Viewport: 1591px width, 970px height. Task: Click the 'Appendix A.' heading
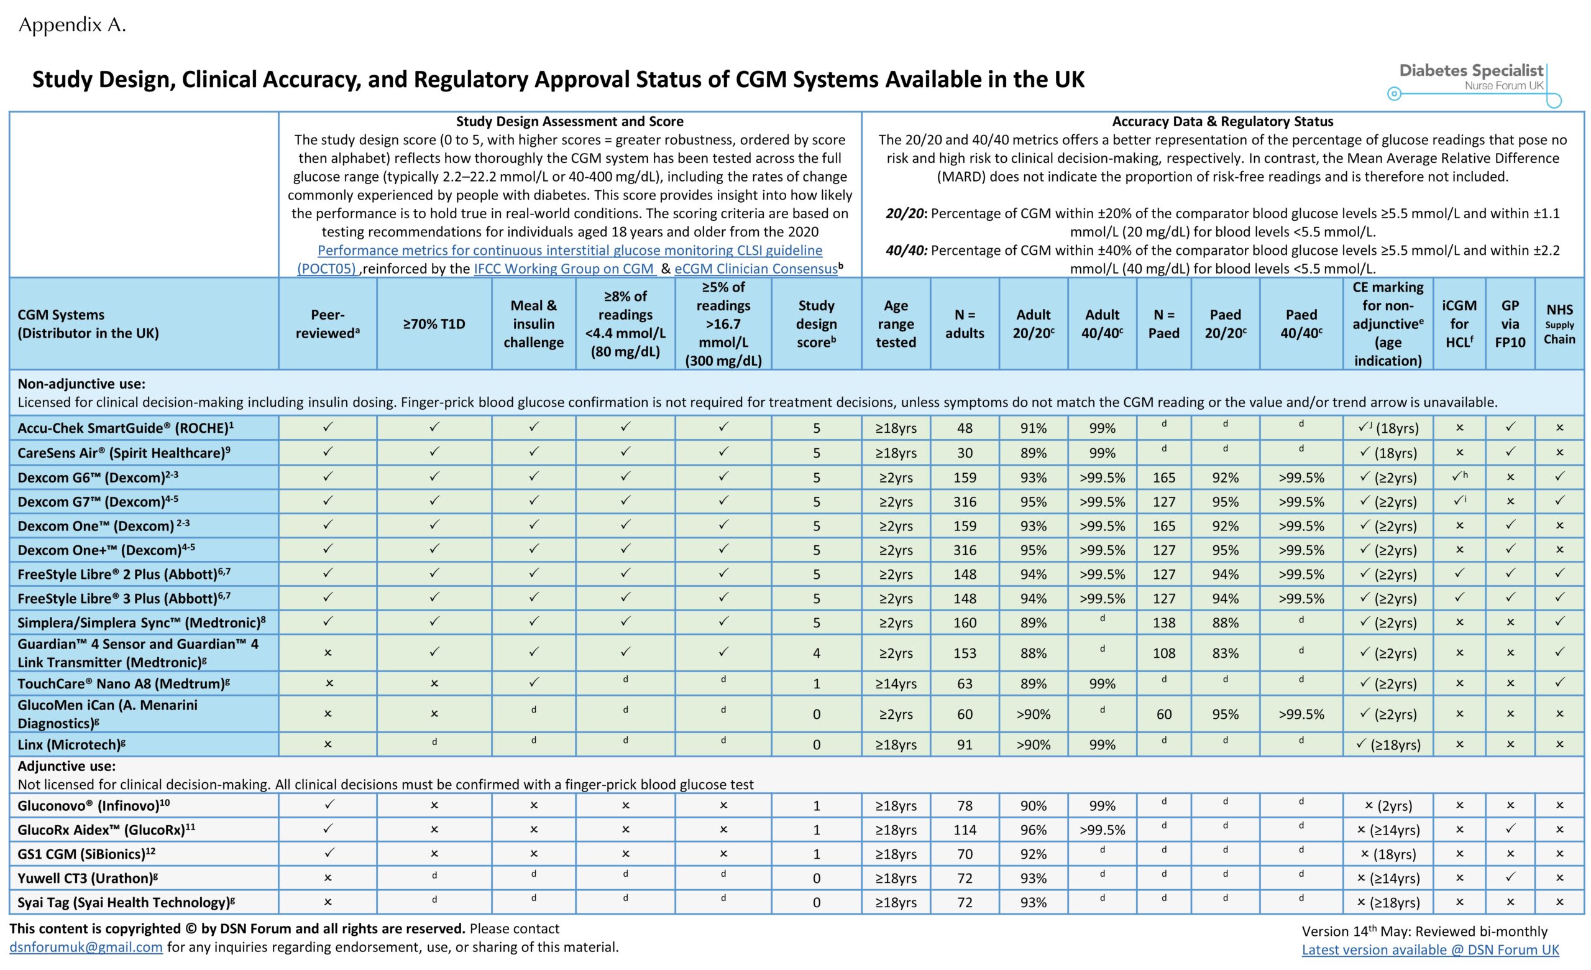(x=72, y=25)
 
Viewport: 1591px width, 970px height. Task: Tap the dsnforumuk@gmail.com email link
(x=86, y=947)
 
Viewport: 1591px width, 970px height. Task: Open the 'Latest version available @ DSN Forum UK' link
(x=1430, y=949)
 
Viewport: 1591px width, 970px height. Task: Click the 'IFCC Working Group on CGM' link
(x=564, y=269)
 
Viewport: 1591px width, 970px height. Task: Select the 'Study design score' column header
(x=816, y=323)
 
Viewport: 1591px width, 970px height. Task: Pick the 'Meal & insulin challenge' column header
(x=533, y=323)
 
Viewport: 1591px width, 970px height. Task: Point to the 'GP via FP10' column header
(x=1510, y=323)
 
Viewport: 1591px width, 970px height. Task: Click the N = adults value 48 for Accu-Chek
(x=965, y=428)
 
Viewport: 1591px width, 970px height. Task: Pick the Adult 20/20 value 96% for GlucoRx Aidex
(x=1033, y=830)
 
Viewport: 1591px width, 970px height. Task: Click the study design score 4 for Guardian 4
(x=816, y=653)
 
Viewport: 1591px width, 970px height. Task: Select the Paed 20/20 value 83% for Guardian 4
(x=1225, y=653)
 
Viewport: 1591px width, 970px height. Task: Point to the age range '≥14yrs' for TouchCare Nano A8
(x=896, y=684)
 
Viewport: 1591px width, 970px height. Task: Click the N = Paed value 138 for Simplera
(x=1163, y=623)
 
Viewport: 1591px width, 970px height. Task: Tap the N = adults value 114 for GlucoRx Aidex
(x=965, y=830)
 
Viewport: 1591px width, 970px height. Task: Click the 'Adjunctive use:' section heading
(x=66, y=766)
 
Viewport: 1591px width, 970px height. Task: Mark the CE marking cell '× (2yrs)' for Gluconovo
(x=1388, y=806)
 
